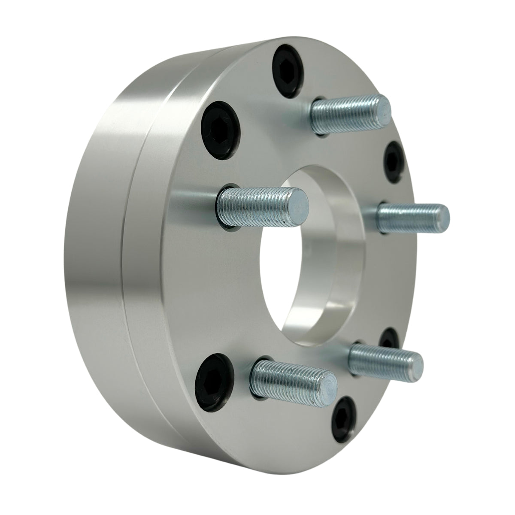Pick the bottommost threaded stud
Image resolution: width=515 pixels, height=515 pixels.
[292, 378]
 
